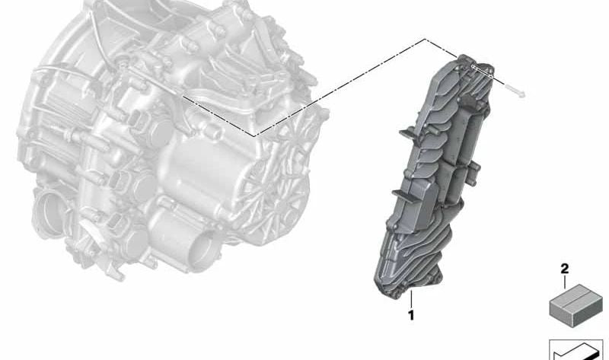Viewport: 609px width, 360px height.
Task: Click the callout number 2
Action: [564, 269]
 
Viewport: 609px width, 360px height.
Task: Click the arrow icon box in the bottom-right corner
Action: [576, 349]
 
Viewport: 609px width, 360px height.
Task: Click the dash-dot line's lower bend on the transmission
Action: [254, 135]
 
